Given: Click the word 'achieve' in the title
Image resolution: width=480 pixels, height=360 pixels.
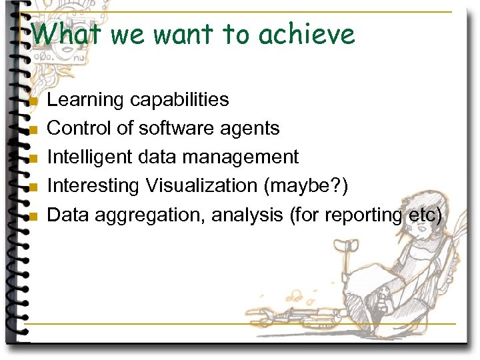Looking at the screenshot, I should tap(307, 34).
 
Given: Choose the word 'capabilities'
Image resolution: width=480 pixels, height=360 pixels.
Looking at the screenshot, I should tap(179, 100).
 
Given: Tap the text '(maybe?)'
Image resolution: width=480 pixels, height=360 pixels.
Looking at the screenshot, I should tap(306, 186).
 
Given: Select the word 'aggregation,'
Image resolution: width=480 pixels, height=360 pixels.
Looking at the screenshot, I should tap(150, 215).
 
